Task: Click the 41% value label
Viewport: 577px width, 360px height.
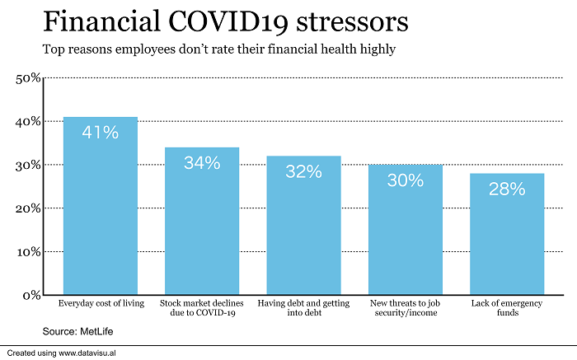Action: (101, 131)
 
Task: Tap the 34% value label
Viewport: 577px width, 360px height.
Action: (203, 162)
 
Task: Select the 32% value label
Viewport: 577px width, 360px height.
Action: (304, 171)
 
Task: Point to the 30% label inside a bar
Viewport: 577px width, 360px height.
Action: (406, 180)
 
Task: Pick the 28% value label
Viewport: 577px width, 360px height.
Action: (507, 189)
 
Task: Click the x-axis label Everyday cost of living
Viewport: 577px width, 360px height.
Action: (101, 303)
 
